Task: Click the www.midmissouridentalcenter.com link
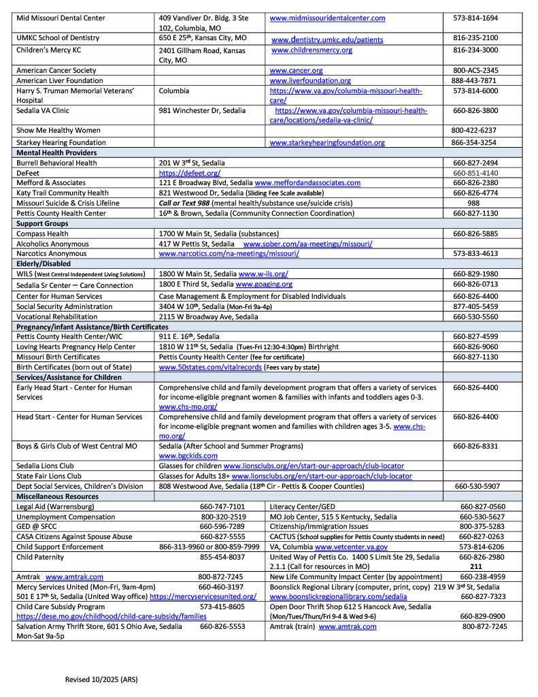(327, 18)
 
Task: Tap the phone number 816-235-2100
(475, 38)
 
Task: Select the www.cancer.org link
(296, 70)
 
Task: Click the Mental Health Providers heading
(56, 153)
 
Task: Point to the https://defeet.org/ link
(189, 173)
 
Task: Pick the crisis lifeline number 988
(475, 203)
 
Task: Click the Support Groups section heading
(42, 223)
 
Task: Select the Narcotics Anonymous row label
(52, 254)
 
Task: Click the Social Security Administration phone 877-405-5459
(475, 306)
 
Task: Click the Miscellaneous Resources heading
(57, 496)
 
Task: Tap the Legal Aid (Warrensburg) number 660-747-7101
(222, 506)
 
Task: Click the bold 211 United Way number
(476, 566)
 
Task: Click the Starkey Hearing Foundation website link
(327, 143)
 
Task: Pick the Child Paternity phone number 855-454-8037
(222, 557)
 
